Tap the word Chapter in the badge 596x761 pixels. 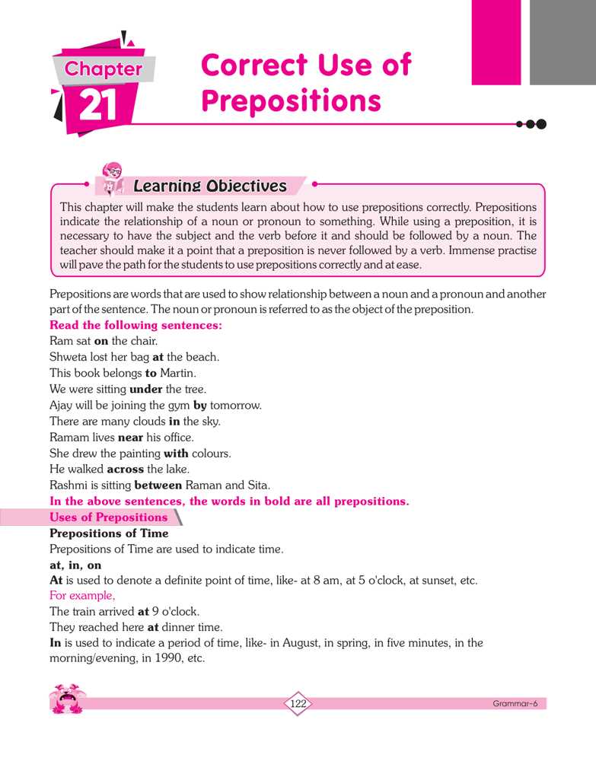coord(104,69)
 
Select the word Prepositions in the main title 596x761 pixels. coord(291,100)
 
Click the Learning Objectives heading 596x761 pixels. coord(209,186)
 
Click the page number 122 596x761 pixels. coord(298,704)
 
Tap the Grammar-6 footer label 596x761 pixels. coord(515,704)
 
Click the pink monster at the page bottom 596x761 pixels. coord(68,699)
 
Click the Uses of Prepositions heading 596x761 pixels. coord(108,517)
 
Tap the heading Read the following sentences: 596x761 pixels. coord(135,325)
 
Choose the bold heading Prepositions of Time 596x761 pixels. coord(109,533)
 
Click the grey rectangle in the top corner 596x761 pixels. coord(563,42)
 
